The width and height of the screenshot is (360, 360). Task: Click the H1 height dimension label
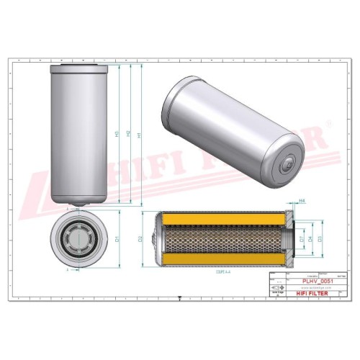(x=139, y=134)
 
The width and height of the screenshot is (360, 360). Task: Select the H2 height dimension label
(x=128, y=134)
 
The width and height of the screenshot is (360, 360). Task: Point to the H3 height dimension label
(x=117, y=134)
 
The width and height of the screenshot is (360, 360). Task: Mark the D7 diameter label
(x=302, y=238)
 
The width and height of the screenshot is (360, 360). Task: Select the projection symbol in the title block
(x=274, y=291)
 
